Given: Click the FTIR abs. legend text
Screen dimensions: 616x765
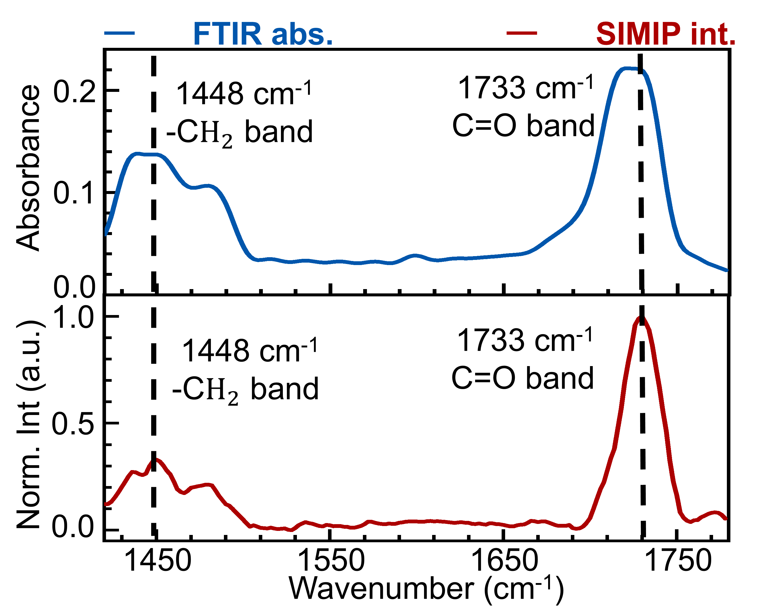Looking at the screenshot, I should click(263, 34).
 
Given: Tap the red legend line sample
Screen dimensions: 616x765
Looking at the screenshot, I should click(521, 33).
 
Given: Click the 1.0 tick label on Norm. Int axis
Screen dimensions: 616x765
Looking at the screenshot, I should click(74, 317).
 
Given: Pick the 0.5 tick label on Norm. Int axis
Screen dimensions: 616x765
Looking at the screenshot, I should click(73, 423).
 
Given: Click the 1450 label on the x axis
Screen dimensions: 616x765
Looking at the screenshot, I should click(158, 561).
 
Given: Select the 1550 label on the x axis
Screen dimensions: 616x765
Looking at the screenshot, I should click(331, 561).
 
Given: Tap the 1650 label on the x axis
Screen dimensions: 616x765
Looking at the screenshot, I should click(504, 561).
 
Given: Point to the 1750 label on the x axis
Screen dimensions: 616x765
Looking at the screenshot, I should click(678, 561).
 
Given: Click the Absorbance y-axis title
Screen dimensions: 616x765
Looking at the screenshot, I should click(28, 168).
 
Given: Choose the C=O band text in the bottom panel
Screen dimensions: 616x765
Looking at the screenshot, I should click(522, 378).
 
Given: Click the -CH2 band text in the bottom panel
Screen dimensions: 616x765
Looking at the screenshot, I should click(245, 389).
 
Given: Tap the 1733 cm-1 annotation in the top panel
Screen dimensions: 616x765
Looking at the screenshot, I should click(526, 88).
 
